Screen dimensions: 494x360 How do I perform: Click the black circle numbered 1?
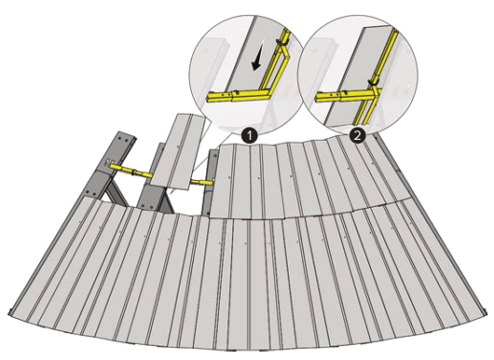(250, 136)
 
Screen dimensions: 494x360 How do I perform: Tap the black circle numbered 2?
(357, 136)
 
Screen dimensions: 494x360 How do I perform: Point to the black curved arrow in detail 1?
(256, 62)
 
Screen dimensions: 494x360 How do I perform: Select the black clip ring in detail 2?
(374, 82)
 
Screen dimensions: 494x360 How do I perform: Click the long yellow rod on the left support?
(130, 171)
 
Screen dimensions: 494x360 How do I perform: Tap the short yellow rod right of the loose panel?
(202, 182)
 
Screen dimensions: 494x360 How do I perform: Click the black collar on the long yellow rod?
(134, 172)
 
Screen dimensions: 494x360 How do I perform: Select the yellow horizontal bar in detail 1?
(239, 95)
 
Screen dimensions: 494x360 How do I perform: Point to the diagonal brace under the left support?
(115, 192)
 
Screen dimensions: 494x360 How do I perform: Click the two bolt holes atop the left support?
(124, 138)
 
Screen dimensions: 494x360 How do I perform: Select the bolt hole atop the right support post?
(214, 156)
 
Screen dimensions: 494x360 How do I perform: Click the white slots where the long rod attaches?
(109, 161)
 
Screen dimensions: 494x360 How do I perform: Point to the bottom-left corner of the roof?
(8, 312)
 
